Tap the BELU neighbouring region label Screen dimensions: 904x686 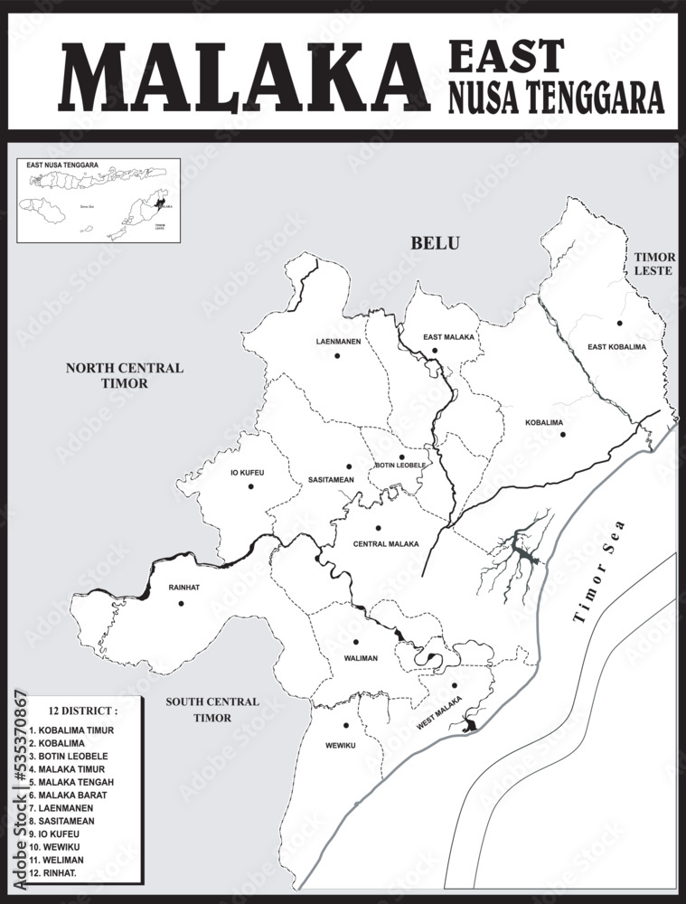click(435, 242)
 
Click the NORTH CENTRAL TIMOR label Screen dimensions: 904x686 click(124, 375)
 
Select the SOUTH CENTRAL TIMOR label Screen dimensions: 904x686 click(211, 710)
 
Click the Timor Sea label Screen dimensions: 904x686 click(605, 589)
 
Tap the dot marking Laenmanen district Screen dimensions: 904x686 click(337, 355)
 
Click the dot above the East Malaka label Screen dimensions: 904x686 click(435, 350)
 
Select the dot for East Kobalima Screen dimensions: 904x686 click(620, 323)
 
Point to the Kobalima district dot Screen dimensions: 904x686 click(562, 435)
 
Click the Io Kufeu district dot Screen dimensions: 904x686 click(251, 486)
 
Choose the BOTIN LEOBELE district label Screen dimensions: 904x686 click(400, 466)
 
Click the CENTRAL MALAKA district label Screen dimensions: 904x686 click(385, 544)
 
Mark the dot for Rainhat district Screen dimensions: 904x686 click(182, 603)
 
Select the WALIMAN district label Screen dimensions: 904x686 click(361, 658)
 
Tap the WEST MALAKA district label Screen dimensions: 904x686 click(439, 713)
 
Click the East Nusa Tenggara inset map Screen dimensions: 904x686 click(99, 201)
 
